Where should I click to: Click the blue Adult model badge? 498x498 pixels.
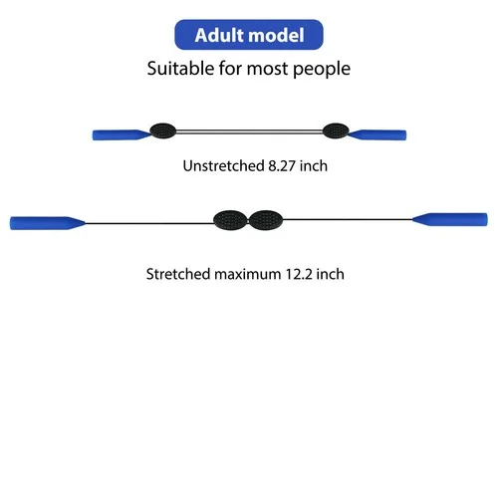[249, 35]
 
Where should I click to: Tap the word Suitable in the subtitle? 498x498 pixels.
[180, 69]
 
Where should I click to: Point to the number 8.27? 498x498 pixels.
[282, 165]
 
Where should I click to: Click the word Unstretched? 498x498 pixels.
[223, 165]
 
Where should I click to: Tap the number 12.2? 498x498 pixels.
[299, 274]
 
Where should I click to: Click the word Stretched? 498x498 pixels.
[178, 274]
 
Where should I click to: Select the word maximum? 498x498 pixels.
[248, 275]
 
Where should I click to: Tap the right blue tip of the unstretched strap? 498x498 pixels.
[377, 134]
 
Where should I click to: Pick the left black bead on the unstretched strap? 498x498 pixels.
[163, 130]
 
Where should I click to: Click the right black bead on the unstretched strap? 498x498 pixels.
[336, 130]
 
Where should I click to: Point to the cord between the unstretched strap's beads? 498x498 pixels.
[249, 131]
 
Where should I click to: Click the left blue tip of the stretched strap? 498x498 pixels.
[48, 223]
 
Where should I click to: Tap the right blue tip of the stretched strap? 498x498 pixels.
[450, 219]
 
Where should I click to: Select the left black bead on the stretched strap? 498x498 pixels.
[231, 220]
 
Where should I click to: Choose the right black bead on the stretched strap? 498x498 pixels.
[266, 220]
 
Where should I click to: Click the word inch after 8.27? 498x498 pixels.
[314, 165]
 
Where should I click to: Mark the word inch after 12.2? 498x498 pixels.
[330, 274]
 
